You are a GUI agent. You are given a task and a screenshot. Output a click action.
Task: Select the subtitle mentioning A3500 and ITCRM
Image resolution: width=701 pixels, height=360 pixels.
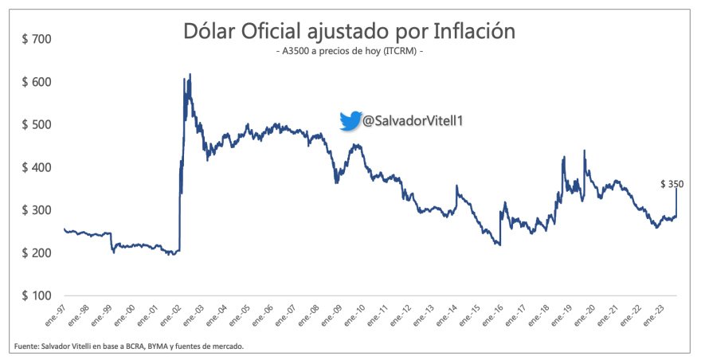(x=350, y=52)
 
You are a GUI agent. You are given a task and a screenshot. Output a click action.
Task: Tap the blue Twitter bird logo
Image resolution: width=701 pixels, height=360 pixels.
(x=350, y=121)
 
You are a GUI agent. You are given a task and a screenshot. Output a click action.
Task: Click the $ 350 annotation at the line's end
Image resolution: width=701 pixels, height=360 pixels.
(x=672, y=184)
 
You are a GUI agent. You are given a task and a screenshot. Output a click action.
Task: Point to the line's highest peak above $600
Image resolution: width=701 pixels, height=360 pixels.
(x=190, y=75)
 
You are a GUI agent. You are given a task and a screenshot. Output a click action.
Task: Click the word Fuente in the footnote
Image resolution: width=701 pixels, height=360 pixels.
(x=26, y=346)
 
